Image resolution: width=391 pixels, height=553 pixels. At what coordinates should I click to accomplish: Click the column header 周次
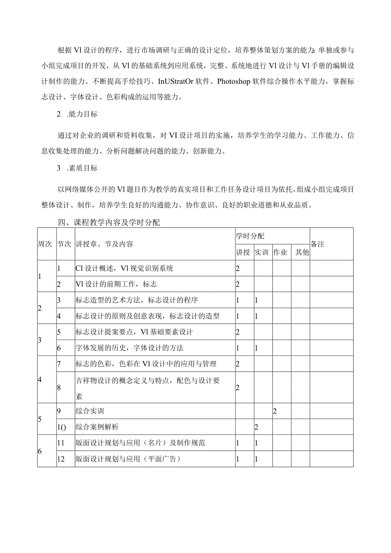click(x=45, y=244)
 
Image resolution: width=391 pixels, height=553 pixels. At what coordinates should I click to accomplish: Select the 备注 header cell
click(x=317, y=244)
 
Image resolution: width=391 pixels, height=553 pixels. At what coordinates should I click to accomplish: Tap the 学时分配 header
click(x=250, y=236)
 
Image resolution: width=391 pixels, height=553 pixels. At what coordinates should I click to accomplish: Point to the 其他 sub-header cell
click(x=302, y=252)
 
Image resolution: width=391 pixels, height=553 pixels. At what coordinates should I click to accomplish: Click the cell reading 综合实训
click(x=90, y=411)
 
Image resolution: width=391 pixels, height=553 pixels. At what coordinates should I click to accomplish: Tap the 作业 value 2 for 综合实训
click(x=275, y=411)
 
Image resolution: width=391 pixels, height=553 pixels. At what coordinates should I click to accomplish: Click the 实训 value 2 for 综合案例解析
click(x=256, y=427)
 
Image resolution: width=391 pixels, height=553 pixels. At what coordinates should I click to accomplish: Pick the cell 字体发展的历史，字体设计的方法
click(x=130, y=348)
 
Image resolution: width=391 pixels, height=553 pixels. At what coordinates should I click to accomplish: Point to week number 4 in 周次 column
click(x=40, y=380)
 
